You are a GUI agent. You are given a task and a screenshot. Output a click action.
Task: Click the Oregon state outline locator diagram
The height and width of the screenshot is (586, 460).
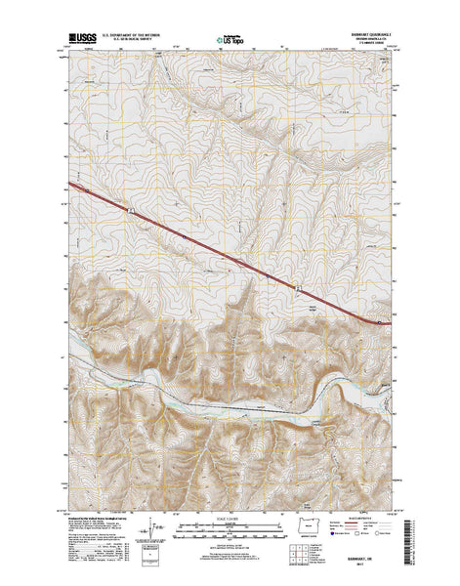click(x=312, y=528)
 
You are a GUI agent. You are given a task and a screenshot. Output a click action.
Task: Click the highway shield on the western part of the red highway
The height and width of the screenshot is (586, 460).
click(x=130, y=206)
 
